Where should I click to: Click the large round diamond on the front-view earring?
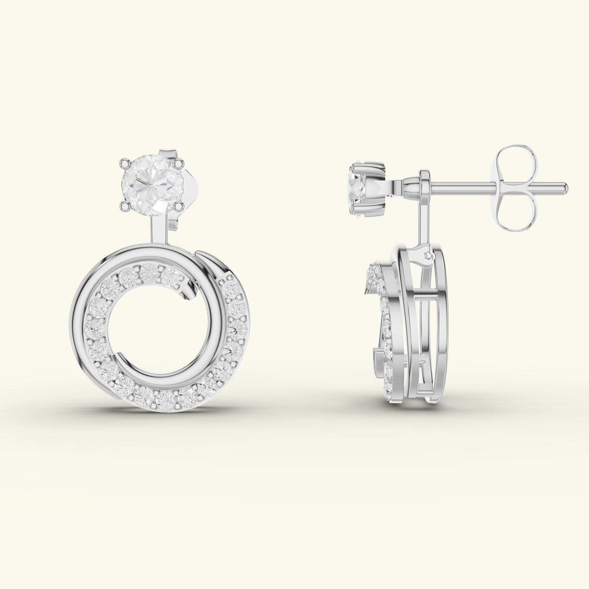151,183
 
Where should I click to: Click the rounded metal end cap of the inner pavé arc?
188,289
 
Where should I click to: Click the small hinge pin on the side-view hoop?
428,256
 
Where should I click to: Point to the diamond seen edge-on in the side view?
359,187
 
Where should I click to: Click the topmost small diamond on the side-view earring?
373,271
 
